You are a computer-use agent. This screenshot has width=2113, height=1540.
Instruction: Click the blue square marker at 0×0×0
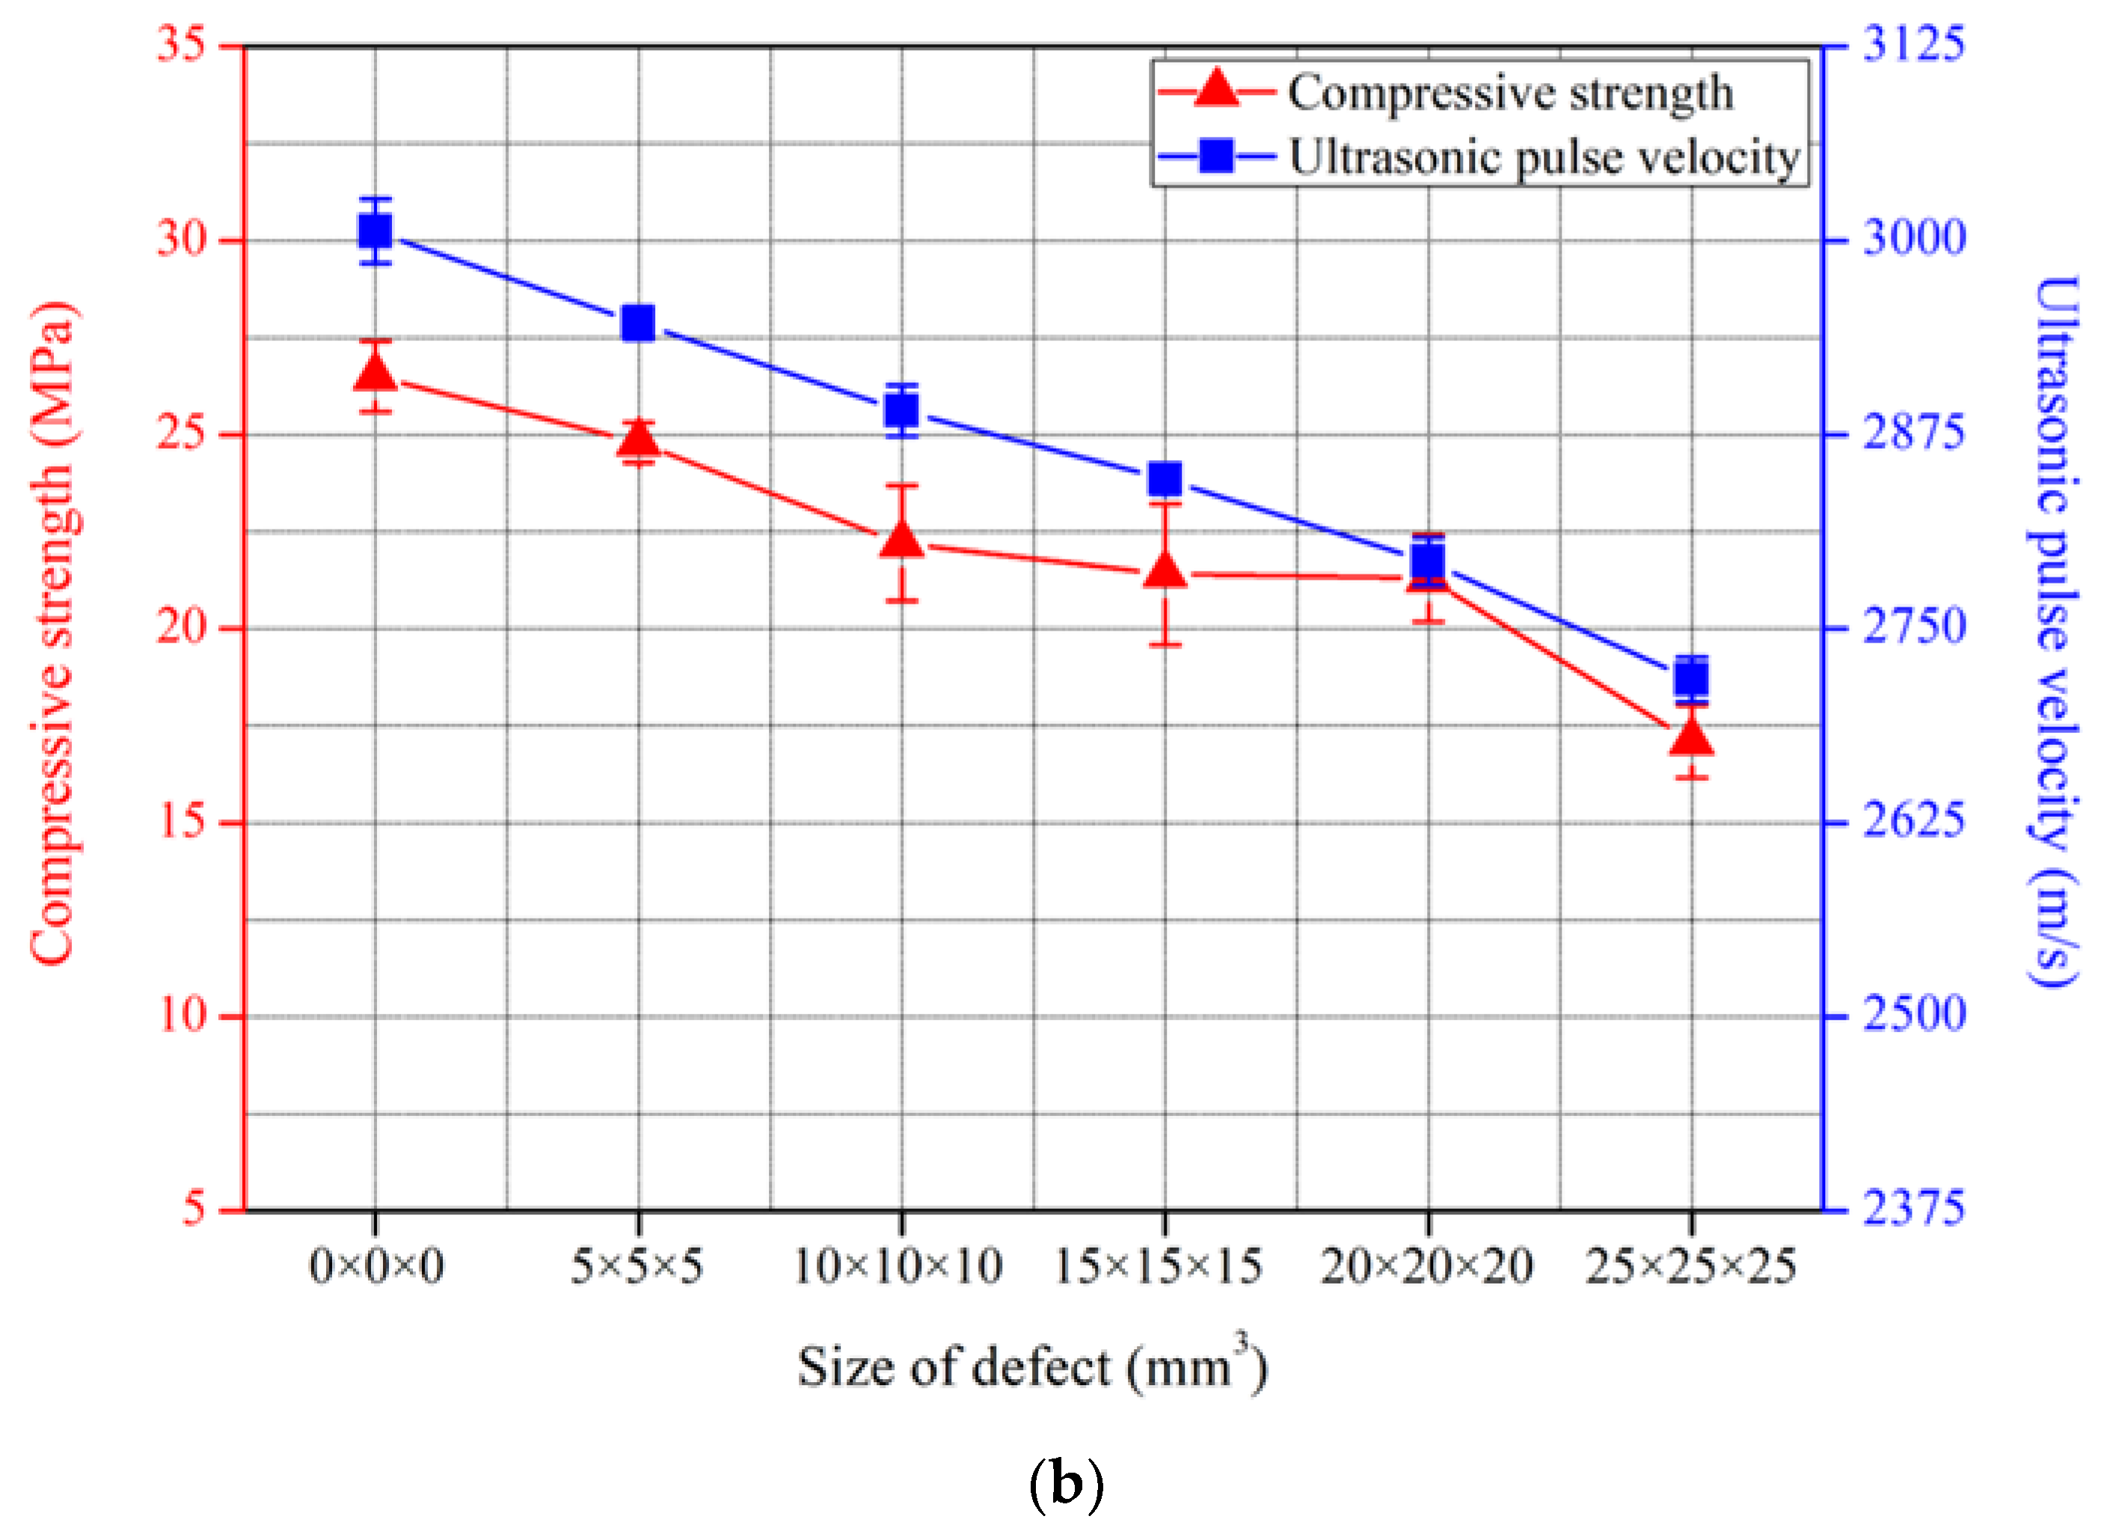click(375, 231)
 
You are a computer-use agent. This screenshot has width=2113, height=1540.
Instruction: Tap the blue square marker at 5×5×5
click(639, 323)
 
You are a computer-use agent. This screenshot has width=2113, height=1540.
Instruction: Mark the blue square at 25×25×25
click(1692, 678)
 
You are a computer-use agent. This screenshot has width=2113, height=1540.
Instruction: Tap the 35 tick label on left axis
click(181, 44)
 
